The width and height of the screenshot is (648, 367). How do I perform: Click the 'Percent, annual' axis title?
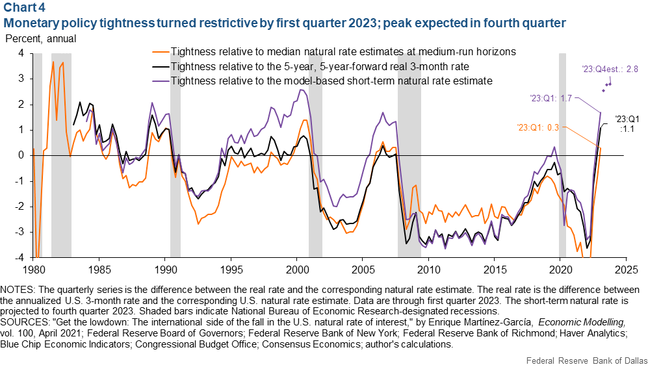tap(40, 38)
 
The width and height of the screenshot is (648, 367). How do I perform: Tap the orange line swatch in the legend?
tap(158, 51)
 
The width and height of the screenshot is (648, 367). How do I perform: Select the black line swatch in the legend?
tap(158, 66)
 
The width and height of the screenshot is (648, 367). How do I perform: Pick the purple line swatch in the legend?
tap(158, 81)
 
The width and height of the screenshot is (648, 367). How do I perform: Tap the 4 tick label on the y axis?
tap(21, 53)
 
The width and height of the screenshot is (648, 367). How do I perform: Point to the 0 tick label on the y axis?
tap(21, 155)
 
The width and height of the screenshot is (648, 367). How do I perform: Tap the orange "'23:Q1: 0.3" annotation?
tap(539, 127)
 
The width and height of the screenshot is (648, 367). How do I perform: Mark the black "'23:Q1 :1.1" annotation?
tap(625, 123)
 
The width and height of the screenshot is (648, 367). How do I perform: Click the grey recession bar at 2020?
tap(563, 155)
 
